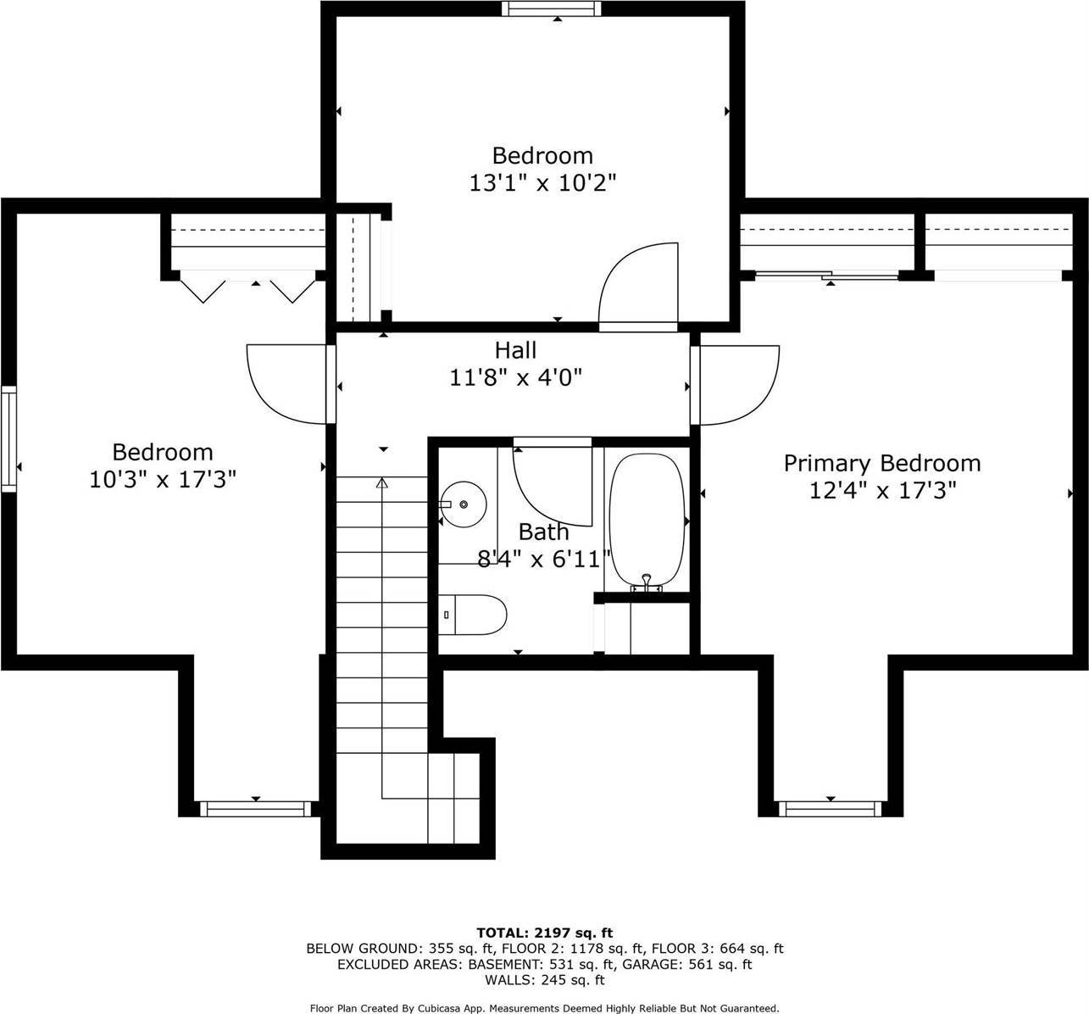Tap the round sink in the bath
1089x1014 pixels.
pos(463,504)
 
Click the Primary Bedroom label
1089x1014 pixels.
pos(881,463)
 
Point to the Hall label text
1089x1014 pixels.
pos(515,349)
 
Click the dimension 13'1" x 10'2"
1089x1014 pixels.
pos(542,182)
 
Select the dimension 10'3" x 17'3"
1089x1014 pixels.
pos(162,479)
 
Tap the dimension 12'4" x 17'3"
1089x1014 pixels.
pos(881,490)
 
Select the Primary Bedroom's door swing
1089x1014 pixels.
pos(737,384)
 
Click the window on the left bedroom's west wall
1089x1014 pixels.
pos(8,438)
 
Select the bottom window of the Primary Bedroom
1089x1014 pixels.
pos(829,809)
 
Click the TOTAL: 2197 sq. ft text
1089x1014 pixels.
pos(544,933)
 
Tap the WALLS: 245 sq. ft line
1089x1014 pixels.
pos(544,980)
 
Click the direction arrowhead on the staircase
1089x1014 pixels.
pos(381,483)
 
